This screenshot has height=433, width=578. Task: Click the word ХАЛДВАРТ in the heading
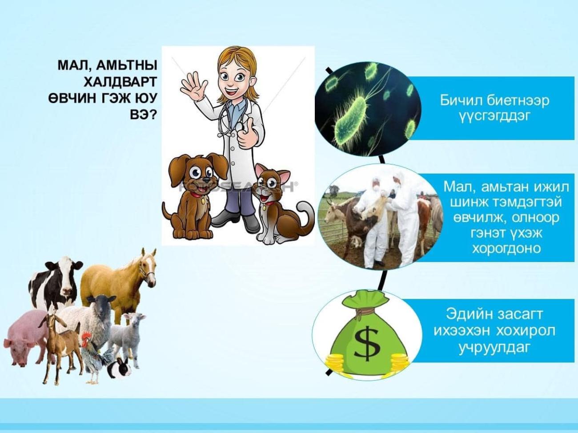pyautogui.click(x=120, y=82)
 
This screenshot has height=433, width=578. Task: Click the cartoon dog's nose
pyautogui.click(x=207, y=180)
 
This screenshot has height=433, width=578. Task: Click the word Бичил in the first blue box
pyautogui.click(x=462, y=101)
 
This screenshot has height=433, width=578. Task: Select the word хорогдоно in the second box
pyautogui.click(x=506, y=248)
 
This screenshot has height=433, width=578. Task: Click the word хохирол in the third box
pyautogui.click(x=525, y=331)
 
